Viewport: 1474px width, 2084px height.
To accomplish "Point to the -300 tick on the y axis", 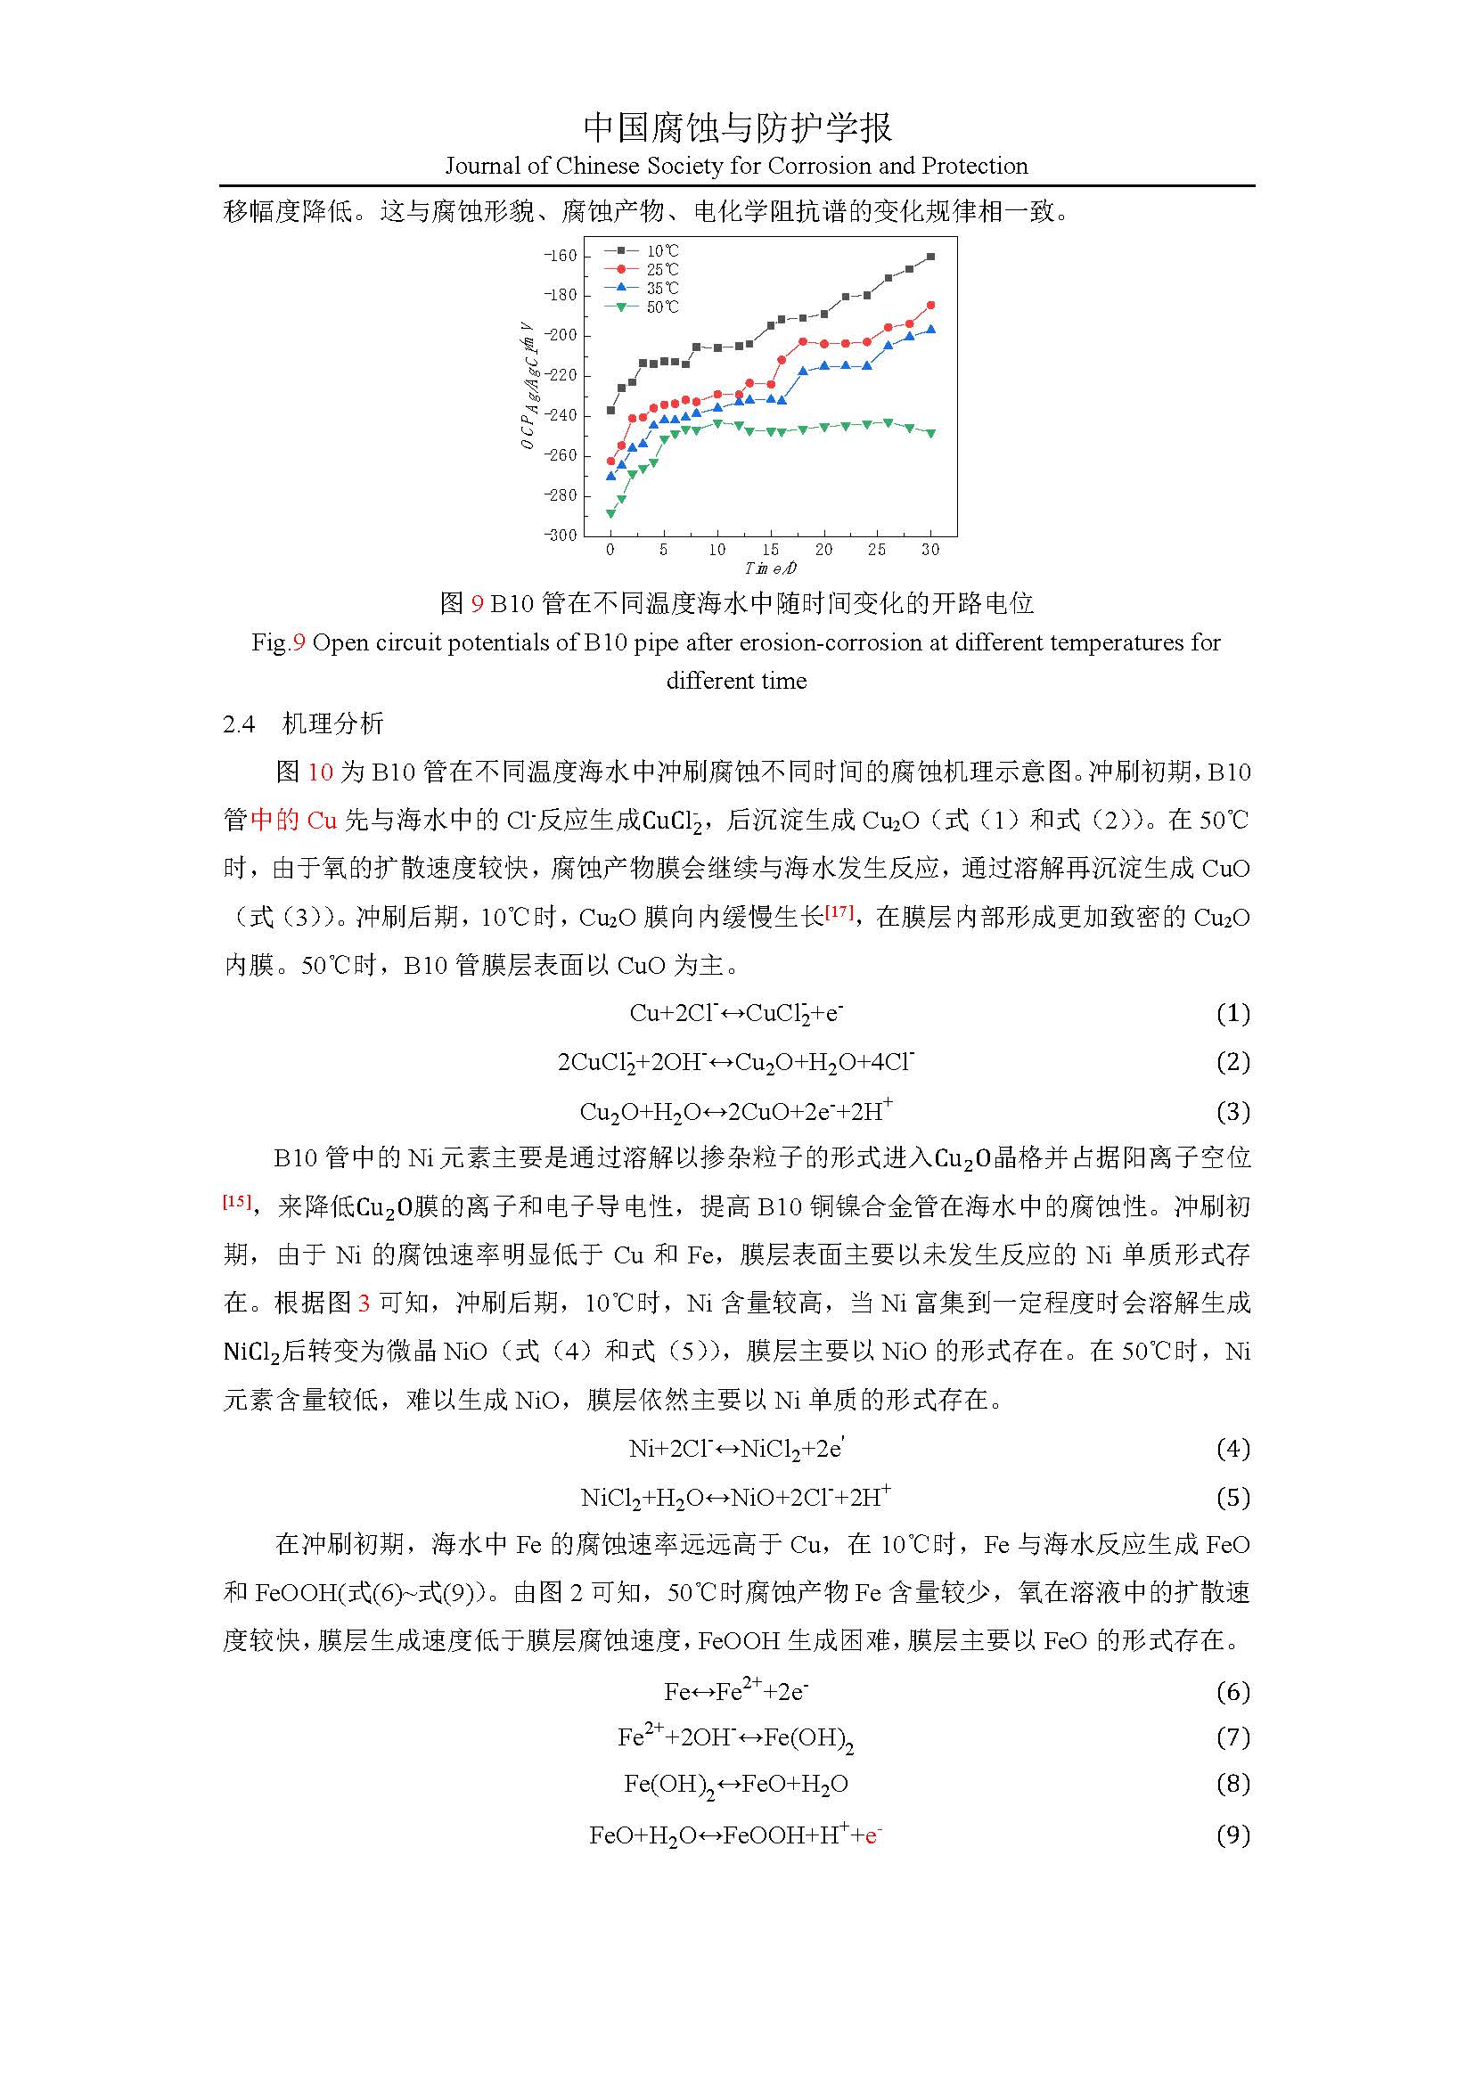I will pos(560,535).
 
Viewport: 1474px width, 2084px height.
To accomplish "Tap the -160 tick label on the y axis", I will pos(560,256).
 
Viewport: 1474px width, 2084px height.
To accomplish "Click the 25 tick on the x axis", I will pos(877,550).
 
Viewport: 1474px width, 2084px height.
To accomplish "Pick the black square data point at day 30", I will pos(930,257).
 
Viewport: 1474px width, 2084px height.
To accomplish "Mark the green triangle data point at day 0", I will pos(610,514).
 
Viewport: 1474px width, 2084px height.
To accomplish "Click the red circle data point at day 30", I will pos(930,305).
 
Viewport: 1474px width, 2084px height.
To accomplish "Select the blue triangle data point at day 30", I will pos(930,330).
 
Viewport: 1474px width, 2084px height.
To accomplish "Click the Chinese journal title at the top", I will pos(736,128).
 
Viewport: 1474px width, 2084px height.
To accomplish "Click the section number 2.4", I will pos(239,723).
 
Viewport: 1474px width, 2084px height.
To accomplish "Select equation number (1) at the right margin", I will pos(1232,1013).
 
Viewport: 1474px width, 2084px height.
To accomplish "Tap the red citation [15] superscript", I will pos(237,1200).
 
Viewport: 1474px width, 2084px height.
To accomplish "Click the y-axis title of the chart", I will pos(528,386).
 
